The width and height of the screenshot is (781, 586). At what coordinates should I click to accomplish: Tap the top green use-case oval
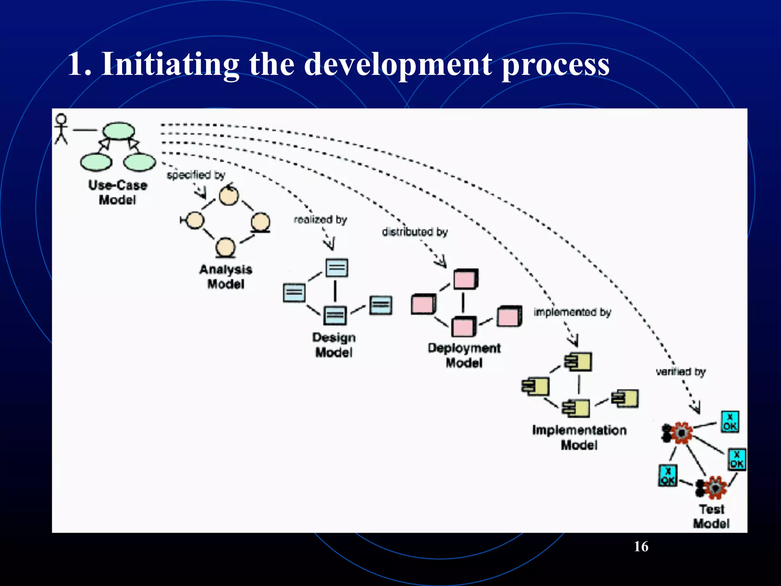[119, 131]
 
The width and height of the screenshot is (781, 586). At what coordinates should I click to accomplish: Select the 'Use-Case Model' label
[118, 192]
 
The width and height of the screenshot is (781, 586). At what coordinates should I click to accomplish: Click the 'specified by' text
[196, 175]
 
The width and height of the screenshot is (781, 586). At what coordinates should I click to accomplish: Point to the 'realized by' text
[320, 219]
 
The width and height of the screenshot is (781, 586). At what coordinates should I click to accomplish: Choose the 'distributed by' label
[415, 232]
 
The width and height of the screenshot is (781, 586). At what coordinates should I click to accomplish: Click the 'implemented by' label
[572, 312]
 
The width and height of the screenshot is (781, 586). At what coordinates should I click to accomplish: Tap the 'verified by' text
[681, 371]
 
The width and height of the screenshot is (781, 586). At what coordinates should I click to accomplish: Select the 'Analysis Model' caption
[226, 277]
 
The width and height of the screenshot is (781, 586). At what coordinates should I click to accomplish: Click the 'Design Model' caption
[334, 345]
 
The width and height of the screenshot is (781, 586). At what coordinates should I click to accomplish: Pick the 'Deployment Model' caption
[464, 355]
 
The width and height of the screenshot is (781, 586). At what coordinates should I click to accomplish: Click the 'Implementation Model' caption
[579, 437]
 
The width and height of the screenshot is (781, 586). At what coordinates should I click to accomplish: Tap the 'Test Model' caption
[711, 516]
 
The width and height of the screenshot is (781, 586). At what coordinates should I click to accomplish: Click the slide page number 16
[641, 546]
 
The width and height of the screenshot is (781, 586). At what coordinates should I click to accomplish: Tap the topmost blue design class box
[337, 268]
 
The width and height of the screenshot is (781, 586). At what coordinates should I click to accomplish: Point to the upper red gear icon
[681, 433]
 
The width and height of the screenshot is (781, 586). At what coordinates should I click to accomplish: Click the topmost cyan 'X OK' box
[730, 422]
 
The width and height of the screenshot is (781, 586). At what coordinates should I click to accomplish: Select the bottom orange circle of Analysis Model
[225, 247]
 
